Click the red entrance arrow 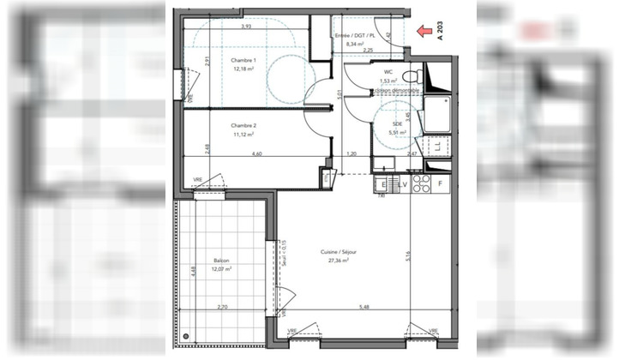pos(423,32)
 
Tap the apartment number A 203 pos(442,32)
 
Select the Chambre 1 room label pos(243,60)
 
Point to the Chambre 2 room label pos(243,125)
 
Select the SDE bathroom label pos(397,123)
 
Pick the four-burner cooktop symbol pos(421,184)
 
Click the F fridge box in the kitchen pos(441,184)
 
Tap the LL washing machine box pos(438,147)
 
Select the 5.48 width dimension pos(366,308)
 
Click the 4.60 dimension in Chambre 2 pos(256,153)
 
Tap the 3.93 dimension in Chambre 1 pos(246,27)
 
